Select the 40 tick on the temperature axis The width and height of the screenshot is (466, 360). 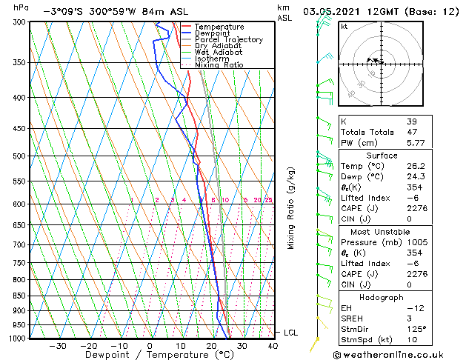(273, 345)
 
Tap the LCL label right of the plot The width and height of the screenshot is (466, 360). (290, 333)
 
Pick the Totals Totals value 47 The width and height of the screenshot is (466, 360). (411, 132)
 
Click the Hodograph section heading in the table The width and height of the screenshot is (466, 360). (382, 297)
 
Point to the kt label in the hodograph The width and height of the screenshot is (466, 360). (344, 26)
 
